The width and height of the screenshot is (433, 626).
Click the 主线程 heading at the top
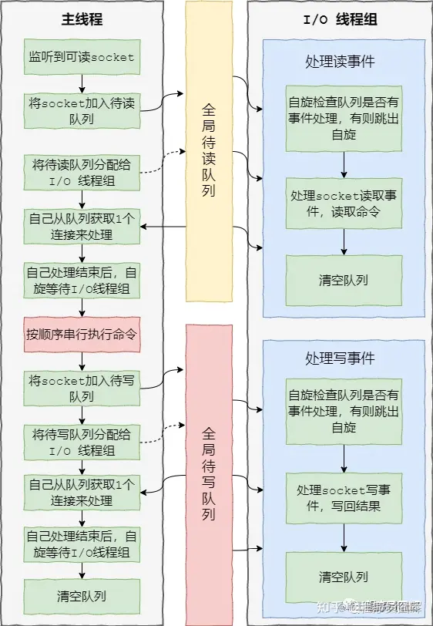[x=82, y=19]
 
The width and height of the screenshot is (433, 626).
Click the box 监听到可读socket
[x=82, y=56]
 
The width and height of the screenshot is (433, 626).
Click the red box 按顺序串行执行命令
[x=82, y=335]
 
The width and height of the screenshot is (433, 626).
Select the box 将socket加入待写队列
[x=82, y=389]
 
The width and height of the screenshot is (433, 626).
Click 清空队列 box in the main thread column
[x=82, y=596]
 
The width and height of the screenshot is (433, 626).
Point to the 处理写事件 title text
[x=340, y=358]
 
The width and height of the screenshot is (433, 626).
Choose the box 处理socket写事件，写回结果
[x=343, y=499]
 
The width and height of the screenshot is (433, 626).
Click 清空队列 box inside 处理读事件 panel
[x=343, y=280]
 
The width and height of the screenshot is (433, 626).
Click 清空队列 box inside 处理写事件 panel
[x=343, y=577]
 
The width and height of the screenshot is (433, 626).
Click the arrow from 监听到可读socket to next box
[x=82, y=83]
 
